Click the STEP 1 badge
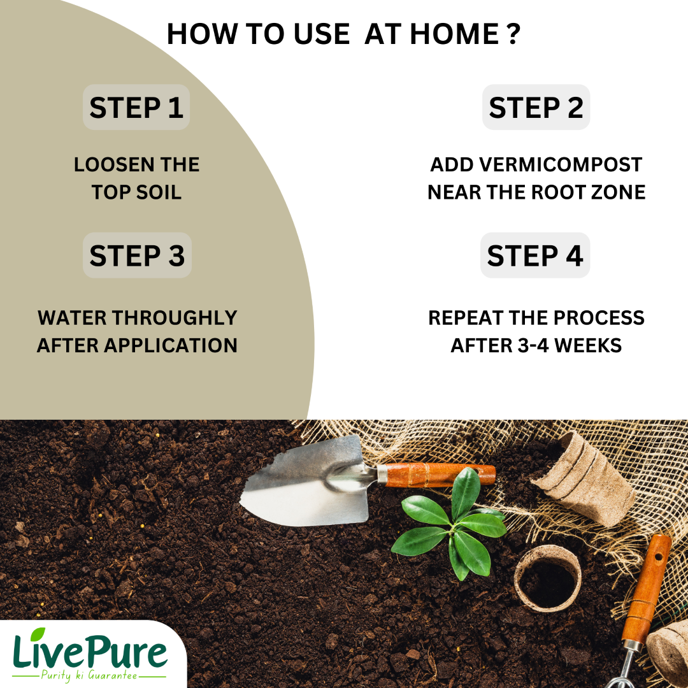(136, 107)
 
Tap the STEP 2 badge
(536, 107)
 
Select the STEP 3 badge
(137, 255)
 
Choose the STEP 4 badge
(535, 255)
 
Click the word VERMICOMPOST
(561, 164)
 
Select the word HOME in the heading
(454, 34)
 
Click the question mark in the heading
(513, 34)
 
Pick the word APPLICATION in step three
(170, 345)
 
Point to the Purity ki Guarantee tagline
(89, 675)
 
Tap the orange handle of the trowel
(439, 475)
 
